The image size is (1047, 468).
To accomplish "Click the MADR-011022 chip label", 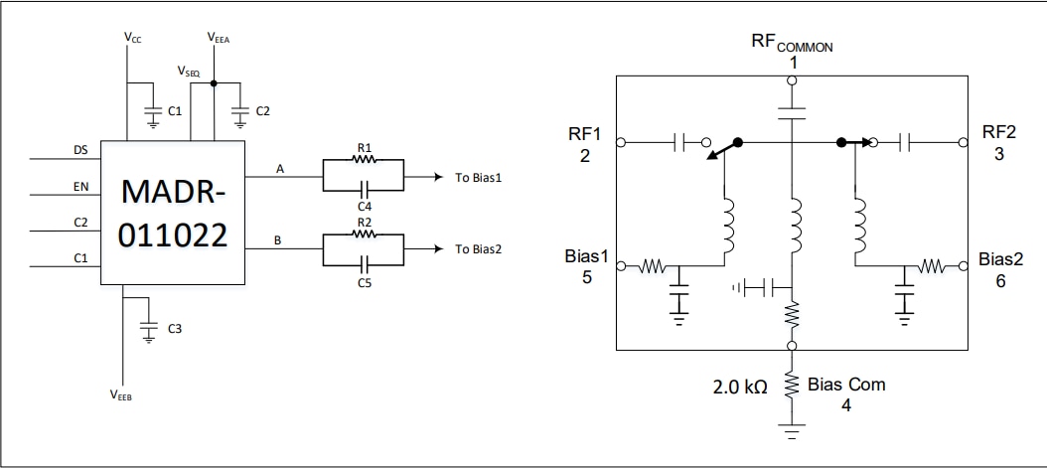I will point(172,213).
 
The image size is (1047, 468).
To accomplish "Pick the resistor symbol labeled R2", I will point(364,236).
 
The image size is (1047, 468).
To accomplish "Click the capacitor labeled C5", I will point(364,262).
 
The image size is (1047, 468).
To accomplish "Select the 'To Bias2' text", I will point(479,248).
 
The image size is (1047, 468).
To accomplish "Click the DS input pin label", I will point(80,150).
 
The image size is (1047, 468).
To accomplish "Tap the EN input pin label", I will point(80,186).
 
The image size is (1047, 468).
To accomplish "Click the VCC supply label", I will point(132,37).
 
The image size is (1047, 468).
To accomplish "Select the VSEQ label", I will point(189,72).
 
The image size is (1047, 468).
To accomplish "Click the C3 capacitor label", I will point(175,327).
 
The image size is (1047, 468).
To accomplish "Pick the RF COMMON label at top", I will point(792,44).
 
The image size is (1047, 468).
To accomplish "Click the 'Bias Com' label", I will point(846,384).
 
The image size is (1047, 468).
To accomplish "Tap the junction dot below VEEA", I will point(215,84).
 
